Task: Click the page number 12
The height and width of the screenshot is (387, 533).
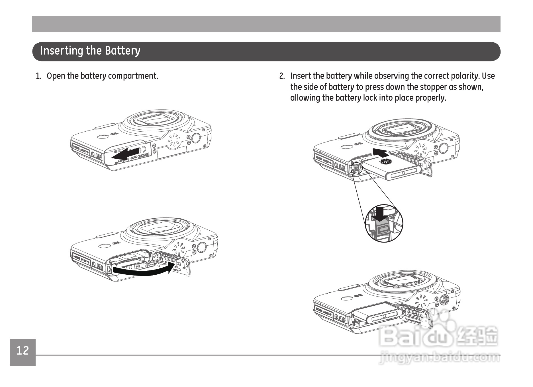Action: [23, 351]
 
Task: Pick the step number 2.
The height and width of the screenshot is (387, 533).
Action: [282, 76]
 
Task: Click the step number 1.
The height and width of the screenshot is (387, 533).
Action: [38, 76]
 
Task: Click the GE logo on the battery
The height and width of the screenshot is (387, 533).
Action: [386, 162]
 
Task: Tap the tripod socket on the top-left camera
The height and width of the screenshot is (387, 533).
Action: [196, 138]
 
